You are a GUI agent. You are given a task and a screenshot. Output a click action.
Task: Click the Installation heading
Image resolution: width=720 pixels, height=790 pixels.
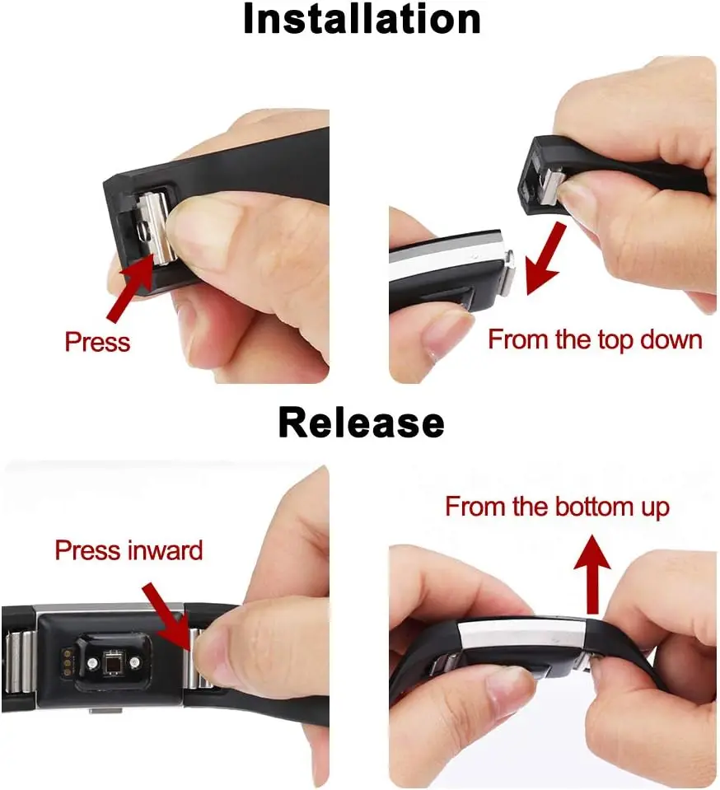click(361, 20)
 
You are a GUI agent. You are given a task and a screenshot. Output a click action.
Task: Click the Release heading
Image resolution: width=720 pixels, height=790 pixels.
click(361, 422)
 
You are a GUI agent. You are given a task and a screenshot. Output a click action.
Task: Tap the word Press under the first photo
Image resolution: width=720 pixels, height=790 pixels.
click(97, 341)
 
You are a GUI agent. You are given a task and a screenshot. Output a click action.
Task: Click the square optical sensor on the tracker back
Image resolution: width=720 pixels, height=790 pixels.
click(110, 661)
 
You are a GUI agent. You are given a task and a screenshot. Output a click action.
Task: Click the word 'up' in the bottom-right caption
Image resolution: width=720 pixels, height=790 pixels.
click(656, 507)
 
